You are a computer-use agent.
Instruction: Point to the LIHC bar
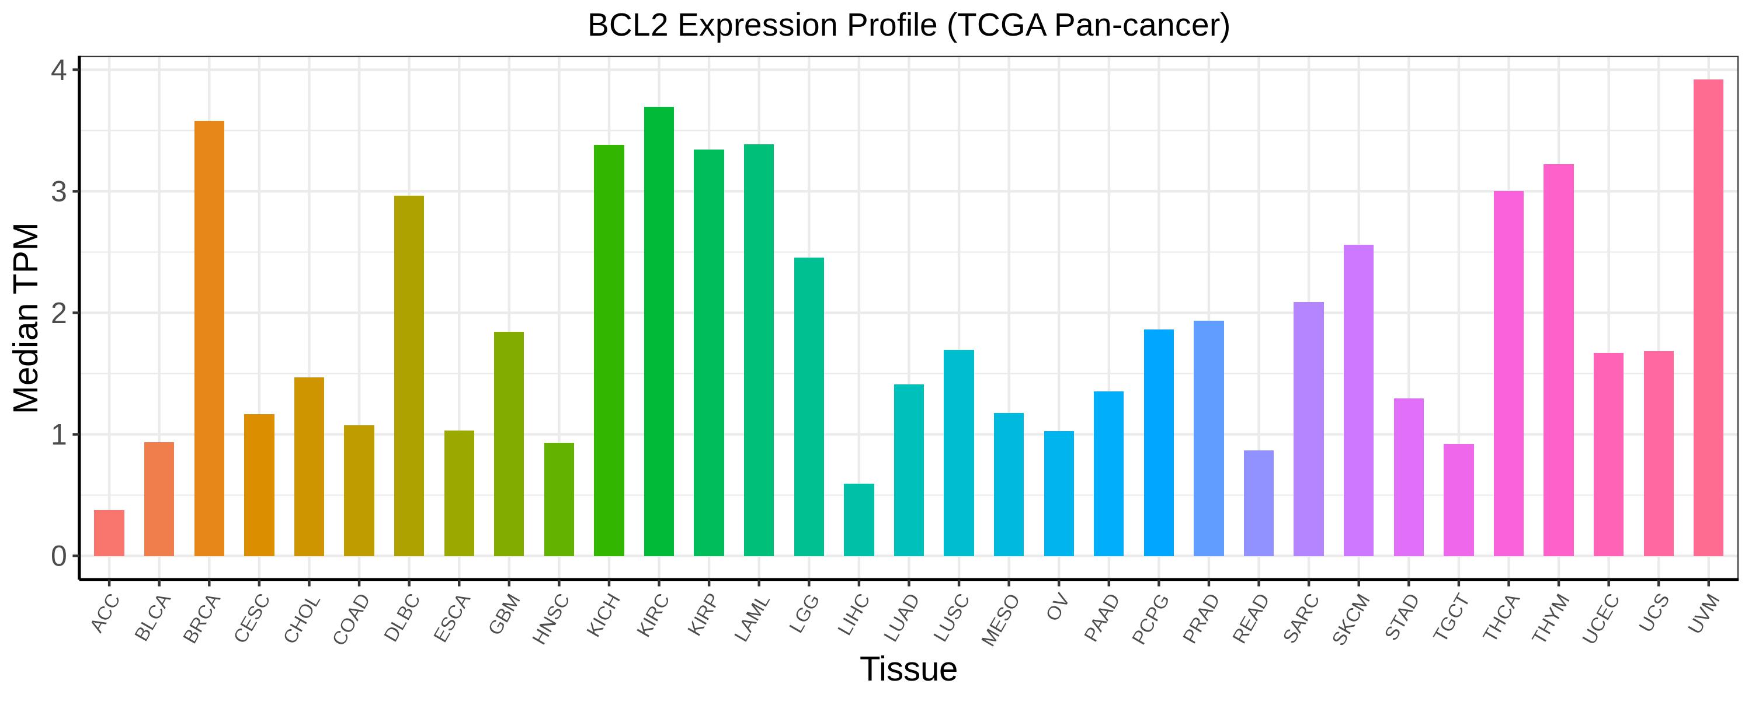coord(858,520)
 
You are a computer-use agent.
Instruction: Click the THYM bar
coord(1558,360)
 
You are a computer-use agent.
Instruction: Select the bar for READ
coord(1259,503)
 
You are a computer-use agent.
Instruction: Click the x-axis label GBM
coord(505,614)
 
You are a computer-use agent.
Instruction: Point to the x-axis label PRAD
coord(1203,618)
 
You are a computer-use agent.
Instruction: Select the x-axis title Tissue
coord(908,669)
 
